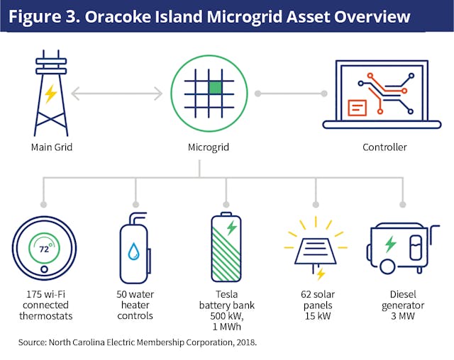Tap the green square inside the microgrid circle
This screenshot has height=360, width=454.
coord(214,87)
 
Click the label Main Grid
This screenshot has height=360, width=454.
coord(52,148)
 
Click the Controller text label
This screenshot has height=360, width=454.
coord(384,148)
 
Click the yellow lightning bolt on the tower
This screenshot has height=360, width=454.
coord(51,94)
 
